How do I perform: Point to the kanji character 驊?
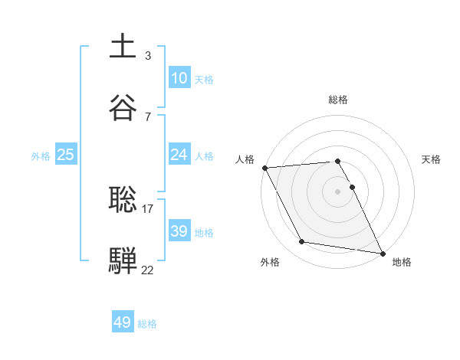click(x=123, y=259)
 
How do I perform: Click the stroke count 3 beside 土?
click(x=147, y=56)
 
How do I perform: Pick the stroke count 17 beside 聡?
click(x=147, y=208)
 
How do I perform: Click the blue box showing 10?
click(x=179, y=78)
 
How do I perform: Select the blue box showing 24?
click(x=179, y=155)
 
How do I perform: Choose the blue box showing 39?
click(x=179, y=231)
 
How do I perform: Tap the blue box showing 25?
click(x=66, y=155)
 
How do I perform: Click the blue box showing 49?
click(x=123, y=322)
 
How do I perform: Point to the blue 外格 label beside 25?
click(x=41, y=155)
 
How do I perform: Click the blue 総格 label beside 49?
click(x=147, y=324)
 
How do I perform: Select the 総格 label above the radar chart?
click(x=338, y=100)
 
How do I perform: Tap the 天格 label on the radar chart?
click(x=431, y=159)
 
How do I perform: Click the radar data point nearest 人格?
click(x=264, y=168)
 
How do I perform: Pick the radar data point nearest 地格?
click(x=382, y=253)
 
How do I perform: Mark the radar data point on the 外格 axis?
click(x=302, y=242)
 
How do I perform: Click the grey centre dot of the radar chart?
click(x=338, y=191)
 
